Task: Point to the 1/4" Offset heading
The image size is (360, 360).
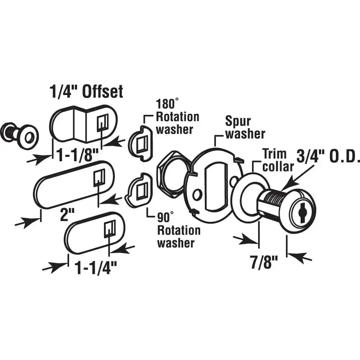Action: click(86, 91)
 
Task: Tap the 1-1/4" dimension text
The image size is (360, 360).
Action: click(96, 268)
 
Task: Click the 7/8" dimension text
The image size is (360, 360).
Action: click(264, 262)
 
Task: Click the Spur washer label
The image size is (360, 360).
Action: click(245, 127)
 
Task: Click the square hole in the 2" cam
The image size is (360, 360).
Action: click(99, 178)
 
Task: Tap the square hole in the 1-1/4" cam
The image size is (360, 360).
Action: click(110, 229)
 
